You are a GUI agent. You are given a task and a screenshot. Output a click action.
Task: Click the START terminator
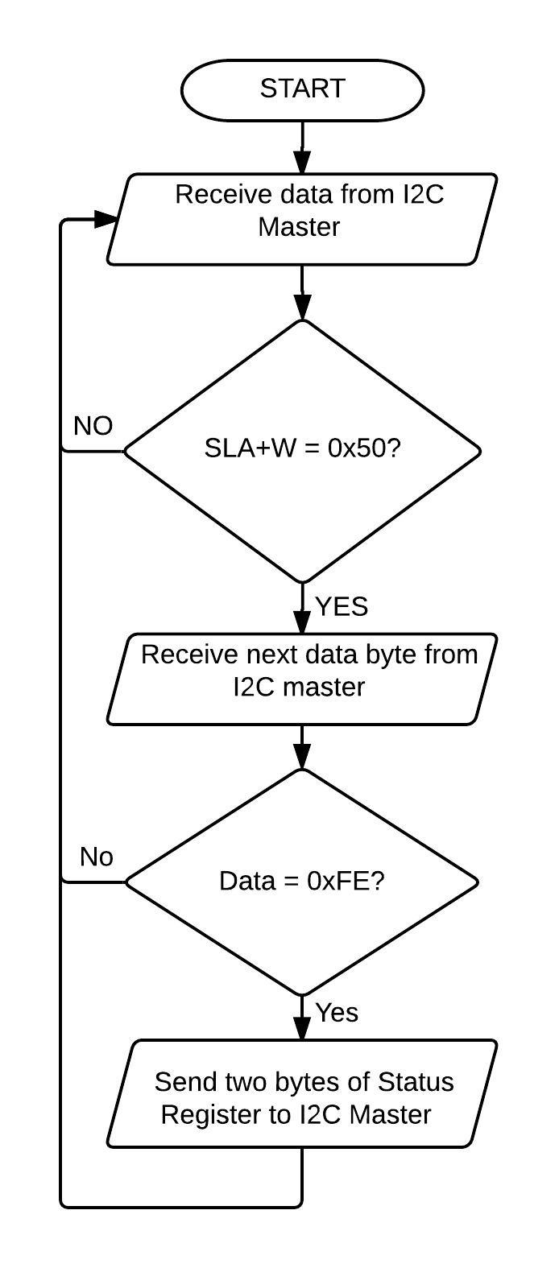(302, 89)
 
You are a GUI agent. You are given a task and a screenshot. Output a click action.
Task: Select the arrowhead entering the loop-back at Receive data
(106, 219)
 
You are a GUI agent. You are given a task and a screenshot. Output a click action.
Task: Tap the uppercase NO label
(93, 426)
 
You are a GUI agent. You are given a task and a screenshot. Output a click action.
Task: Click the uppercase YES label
(342, 607)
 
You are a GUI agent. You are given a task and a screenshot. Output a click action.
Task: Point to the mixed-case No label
(97, 857)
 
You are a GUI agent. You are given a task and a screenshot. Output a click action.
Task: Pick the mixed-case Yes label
(337, 1013)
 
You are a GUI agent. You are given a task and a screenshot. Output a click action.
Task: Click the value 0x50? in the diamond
(364, 448)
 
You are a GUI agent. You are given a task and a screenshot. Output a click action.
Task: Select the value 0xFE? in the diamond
(346, 881)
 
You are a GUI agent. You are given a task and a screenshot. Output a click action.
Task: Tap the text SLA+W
(251, 448)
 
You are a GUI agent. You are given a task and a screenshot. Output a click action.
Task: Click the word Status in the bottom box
(415, 1082)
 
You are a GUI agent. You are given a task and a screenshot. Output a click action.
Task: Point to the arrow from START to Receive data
(302, 147)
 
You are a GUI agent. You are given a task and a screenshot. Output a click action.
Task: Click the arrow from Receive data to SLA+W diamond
(302, 292)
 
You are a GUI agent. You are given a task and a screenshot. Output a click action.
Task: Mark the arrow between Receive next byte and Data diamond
(302, 747)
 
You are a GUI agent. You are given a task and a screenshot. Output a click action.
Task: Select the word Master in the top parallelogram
(299, 227)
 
